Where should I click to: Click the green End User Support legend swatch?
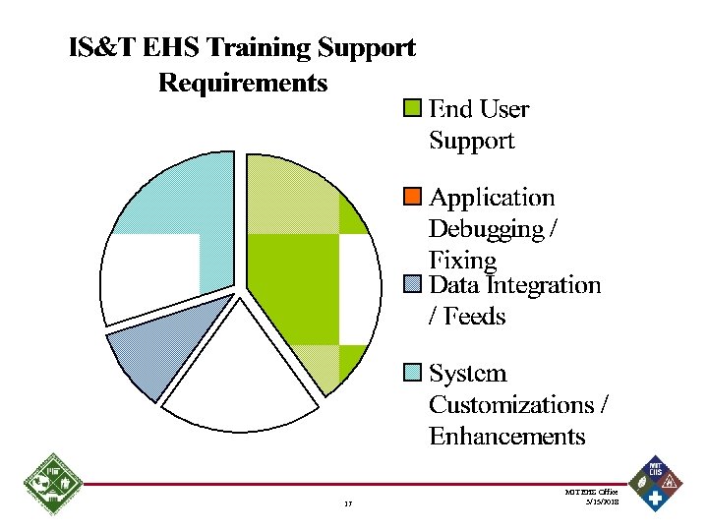click(413, 108)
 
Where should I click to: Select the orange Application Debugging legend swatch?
click(413, 197)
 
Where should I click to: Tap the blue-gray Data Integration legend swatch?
click(413, 285)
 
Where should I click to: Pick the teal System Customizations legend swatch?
click(413, 373)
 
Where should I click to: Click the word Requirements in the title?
click(243, 82)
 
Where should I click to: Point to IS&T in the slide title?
click(99, 47)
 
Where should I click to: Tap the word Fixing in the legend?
click(462, 260)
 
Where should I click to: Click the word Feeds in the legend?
click(476, 316)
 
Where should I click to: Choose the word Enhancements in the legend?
click(506, 435)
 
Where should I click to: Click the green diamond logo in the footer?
click(51, 485)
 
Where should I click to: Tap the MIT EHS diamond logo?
click(656, 483)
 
